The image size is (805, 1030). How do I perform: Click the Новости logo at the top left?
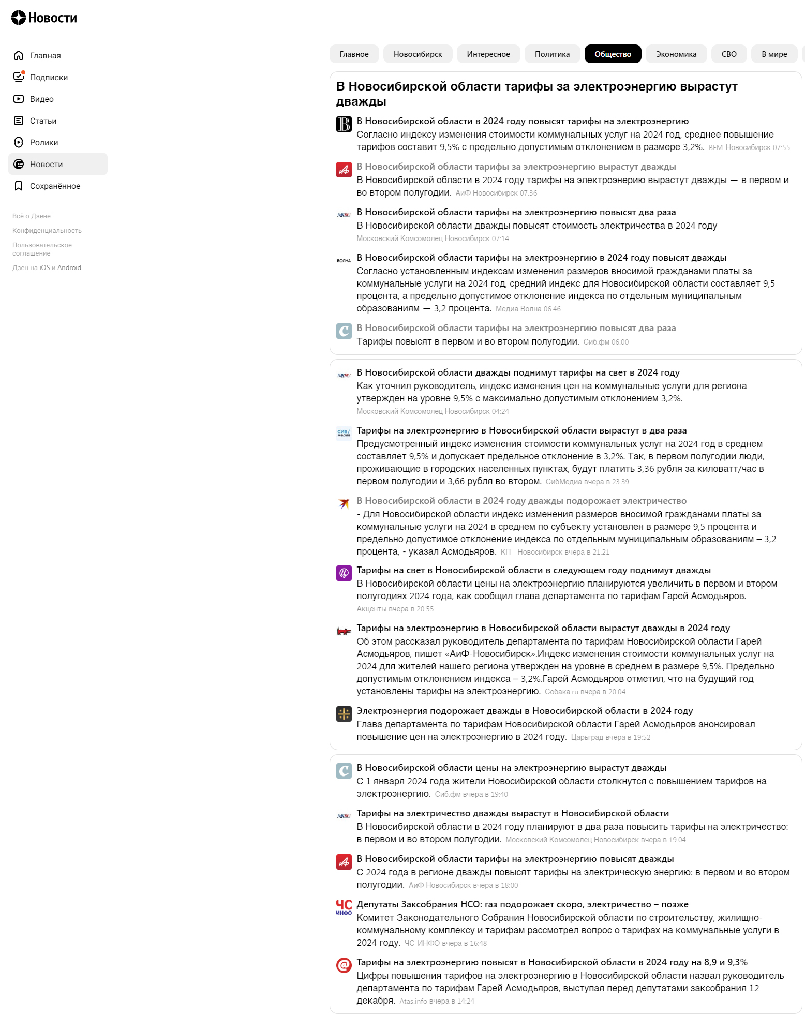(x=44, y=18)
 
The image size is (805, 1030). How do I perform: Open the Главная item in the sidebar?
(x=45, y=56)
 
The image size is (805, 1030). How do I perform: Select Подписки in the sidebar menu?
(x=49, y=78)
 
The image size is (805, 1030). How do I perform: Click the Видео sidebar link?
(x=41, y=99)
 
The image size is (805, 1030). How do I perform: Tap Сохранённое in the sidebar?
(x=55, y=186)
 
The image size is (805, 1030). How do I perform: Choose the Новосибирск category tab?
(x=418, y=54)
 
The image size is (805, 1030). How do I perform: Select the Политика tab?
(x=552, y=54)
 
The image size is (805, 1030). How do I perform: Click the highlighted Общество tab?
(x=613, y=54)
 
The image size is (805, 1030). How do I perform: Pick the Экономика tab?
(x=676, y=54)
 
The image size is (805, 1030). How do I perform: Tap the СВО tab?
(x=728, y=54)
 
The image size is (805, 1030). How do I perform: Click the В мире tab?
(x=774, y=54)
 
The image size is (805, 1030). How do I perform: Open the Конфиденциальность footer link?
(x=47, y=231)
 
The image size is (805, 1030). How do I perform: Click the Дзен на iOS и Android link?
(x=47, y=268)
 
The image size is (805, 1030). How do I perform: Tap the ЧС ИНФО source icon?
(x=344, y=907)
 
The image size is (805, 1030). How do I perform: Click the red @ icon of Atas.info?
(x=344, y=965)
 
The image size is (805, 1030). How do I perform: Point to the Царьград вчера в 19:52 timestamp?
(x=610, y=738)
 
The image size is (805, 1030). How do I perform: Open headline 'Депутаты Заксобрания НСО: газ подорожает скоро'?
(x=522, y=904)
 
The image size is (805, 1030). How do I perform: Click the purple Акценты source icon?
(x=344, y=573)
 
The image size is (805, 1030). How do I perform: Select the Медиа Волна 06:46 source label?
(x=528, y=309)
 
